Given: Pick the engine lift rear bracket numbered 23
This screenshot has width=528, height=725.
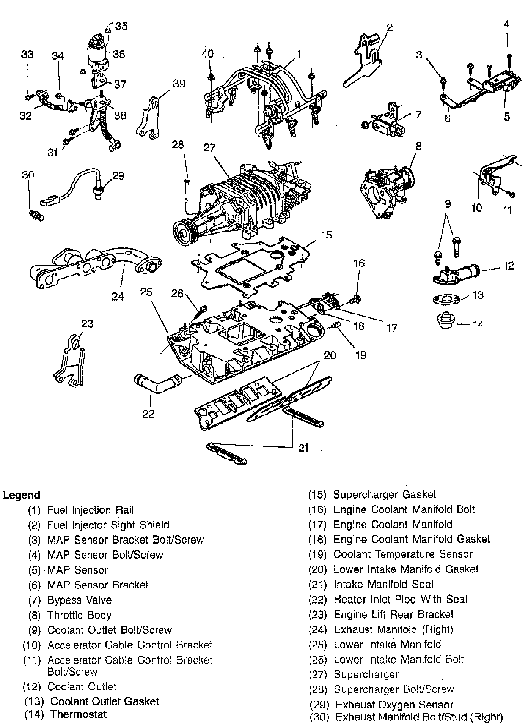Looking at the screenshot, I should (x=71, y=359).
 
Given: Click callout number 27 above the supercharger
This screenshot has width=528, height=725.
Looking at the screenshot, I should (x=209, y=147).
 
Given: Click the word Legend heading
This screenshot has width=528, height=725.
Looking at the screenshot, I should (x=22, y=495).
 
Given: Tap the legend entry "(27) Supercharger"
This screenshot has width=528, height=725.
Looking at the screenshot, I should (x=354, y=674).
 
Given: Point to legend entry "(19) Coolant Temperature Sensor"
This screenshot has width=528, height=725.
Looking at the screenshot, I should (x=390, y=554).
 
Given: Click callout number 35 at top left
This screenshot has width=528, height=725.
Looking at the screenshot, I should (x=121, y=26).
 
